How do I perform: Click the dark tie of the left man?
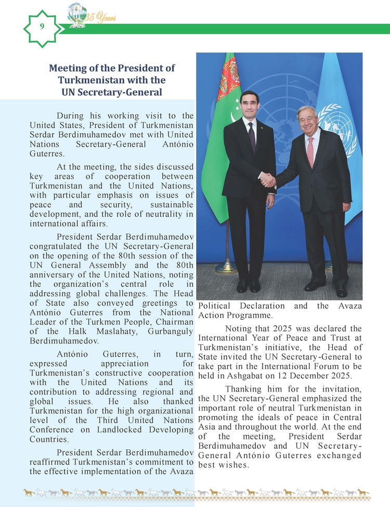tap(252, 136)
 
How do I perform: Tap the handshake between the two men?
tap(268, 179)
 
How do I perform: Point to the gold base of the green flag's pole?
tap(227, 268)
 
